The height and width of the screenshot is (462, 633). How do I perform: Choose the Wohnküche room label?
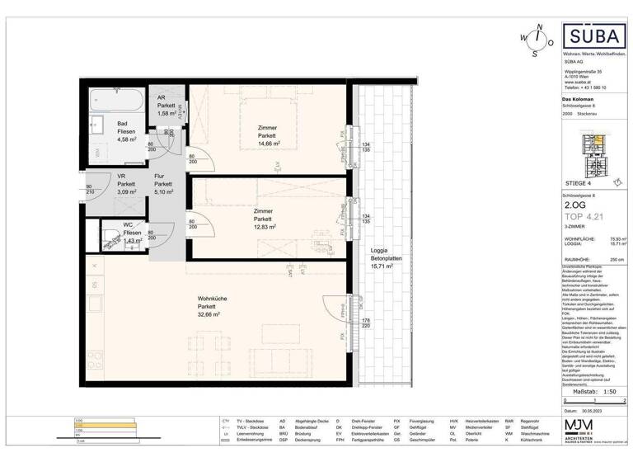tap(212, 302)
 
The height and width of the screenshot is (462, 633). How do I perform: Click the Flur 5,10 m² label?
tap(163, 187)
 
